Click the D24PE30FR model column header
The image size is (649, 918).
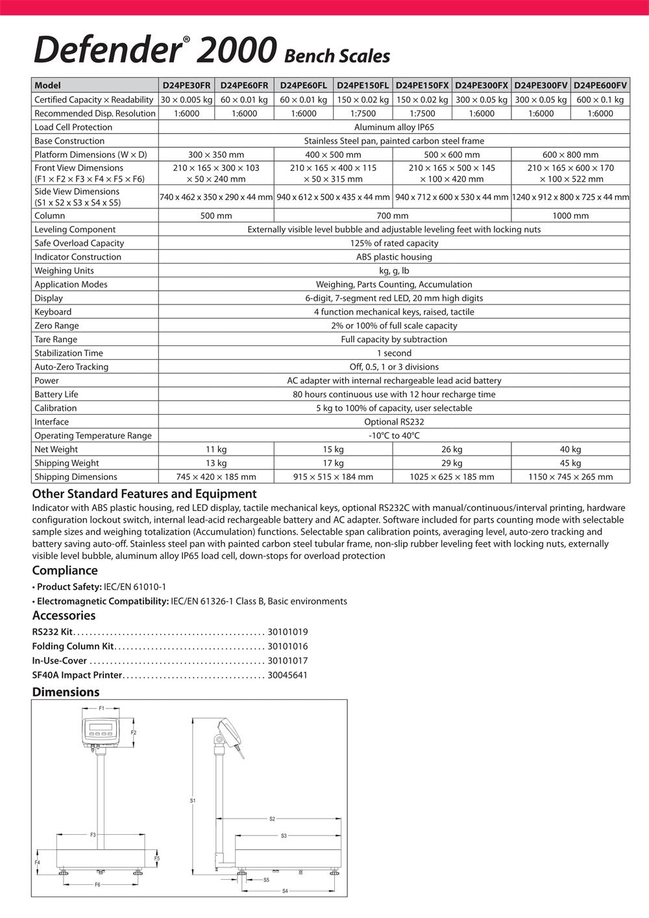[x=186, y=85]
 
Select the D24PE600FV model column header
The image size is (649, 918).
[x=600, y=85]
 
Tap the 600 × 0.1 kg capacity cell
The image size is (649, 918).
[x=600, y=99]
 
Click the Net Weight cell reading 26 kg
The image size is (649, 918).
[x=452, y=449]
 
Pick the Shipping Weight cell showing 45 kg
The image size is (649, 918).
[x=570, y=463]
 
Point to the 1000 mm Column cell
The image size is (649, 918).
[x=570, y=216]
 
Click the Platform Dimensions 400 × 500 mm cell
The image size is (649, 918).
[x=333, y=155]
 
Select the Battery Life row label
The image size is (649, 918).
[x=56, y=394]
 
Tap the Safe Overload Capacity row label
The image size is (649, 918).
[x=79, y=243]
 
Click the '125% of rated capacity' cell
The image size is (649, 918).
[x=394, y=243]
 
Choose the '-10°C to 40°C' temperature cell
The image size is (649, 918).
[x=394, y=436]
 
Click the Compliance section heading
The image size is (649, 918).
[x=65, y=571]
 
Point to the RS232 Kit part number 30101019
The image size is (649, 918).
[x=288, y=632]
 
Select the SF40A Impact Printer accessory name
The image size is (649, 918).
[x=77, y=675]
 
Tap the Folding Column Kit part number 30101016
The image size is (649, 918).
[x=288, y=647]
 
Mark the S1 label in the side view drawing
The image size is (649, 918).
[x=193, y=800]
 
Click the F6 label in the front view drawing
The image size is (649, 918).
[x=97, y=884]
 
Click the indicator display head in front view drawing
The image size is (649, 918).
[x=102, y=730]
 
